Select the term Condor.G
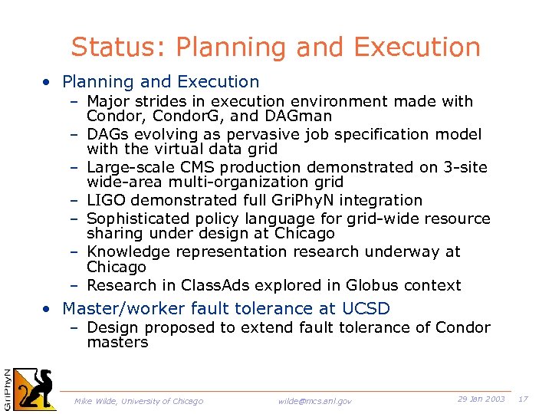pyautogui.click(x=185, y=117)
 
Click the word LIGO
pyautogui.click(x=107, y=200)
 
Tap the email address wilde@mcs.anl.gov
pyautogui.click(x=315, y=401)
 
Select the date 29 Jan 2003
pyautogui.click(x=481, y=399)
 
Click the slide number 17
pyautogui.click(x=524, y=399)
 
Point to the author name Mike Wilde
pyautogui.click(x=96, y=401)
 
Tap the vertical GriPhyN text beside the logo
pyautogui.click(x=7, y=388)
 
